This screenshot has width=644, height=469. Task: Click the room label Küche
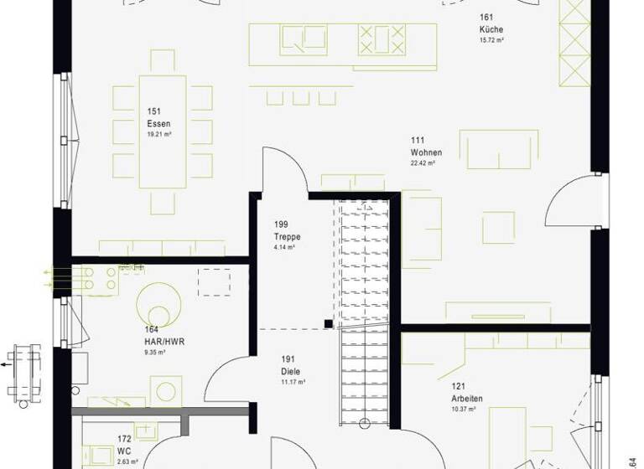click(x=491, y=29)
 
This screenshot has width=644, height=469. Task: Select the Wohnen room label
click(x=426, y=152)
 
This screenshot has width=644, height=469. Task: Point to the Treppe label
click(x=287, y=237)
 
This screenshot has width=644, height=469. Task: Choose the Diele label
click(x=291, y=371)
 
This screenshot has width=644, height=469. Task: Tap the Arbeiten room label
click(x=466, y=399)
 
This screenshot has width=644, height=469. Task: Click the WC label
click(x=124, y=451)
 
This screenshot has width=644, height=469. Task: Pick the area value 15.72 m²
click(x=491, y=40)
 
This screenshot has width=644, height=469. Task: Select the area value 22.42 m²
click(x=423, y=163)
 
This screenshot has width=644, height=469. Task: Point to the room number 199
click(x=281, y=224)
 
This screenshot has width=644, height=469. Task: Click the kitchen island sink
click(x=304, y=39)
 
